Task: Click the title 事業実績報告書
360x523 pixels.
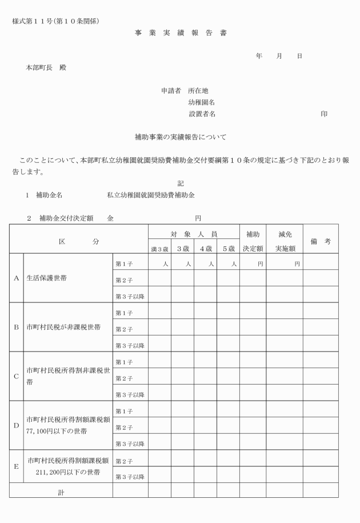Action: tap(180, 33)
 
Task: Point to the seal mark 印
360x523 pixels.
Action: tap(324, 114)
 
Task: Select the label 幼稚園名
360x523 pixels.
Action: tap(202, 102)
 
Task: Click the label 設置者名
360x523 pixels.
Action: tap(202, 114)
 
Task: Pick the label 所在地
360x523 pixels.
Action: tap(198, 90)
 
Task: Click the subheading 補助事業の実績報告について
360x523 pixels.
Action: tap(180, 137)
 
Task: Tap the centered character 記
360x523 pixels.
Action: tap(181, 183)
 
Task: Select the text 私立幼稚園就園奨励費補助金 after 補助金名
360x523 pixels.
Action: tap(151, 195)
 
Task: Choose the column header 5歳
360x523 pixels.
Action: tap(227, 249)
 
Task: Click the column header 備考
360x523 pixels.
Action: tap(320, 241)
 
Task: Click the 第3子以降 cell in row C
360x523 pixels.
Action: tap(130, 395)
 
